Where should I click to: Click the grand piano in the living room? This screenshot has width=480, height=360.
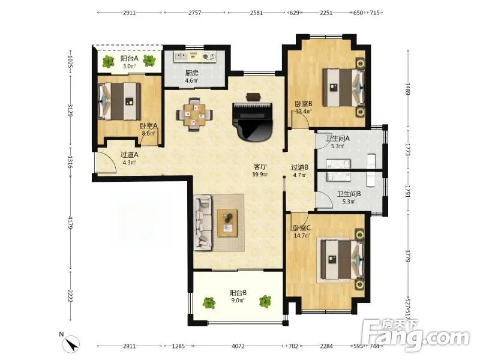[252, 122]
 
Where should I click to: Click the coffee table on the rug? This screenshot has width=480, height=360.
[227, 223]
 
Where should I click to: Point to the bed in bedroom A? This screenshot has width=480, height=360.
[119, 101]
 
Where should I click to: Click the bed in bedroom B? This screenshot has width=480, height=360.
[343, 88]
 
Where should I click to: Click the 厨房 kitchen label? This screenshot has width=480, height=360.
[191, 73]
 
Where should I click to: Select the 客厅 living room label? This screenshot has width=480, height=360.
[260, 167]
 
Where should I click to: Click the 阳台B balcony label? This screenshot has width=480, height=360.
[238, 293]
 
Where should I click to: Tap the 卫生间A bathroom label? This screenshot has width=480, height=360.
[337, 139]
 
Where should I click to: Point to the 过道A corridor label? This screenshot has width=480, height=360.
[129, 155]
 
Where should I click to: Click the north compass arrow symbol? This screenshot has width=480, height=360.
[72, 344]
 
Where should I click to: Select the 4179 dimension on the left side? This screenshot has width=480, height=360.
[70, 223]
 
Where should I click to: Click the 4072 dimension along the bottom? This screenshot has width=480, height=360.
[238, 346]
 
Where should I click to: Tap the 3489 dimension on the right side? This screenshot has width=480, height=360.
[407, 89]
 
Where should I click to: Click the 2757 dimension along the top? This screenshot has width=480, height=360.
[194, 13]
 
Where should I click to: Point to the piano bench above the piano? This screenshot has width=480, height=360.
[253, 97]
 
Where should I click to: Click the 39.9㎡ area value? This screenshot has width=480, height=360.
[260, 175]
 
